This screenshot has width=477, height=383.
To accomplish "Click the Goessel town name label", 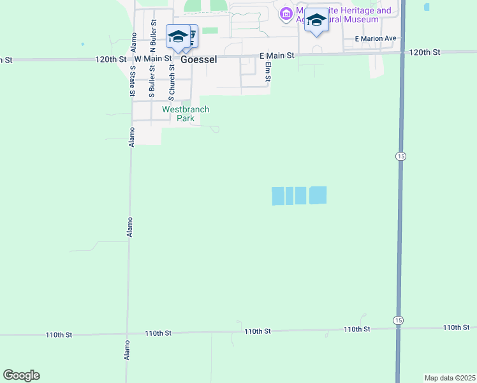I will (198, 58).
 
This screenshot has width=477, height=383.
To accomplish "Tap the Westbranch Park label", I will (186, 114).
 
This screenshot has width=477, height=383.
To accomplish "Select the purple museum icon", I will (286, 13).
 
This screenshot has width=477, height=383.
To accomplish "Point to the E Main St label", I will (276, 56).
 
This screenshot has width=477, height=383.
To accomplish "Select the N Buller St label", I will (153, 36).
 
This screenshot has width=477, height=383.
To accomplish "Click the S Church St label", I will (172, 81).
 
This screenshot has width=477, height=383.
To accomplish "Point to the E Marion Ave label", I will (376, 38).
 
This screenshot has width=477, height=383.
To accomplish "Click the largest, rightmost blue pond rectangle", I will (318, 195).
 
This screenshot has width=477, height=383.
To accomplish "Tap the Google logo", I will (21, 375).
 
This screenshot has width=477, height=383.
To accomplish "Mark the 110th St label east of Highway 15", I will (457, 327).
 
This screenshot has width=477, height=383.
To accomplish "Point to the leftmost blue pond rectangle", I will (278, 196).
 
